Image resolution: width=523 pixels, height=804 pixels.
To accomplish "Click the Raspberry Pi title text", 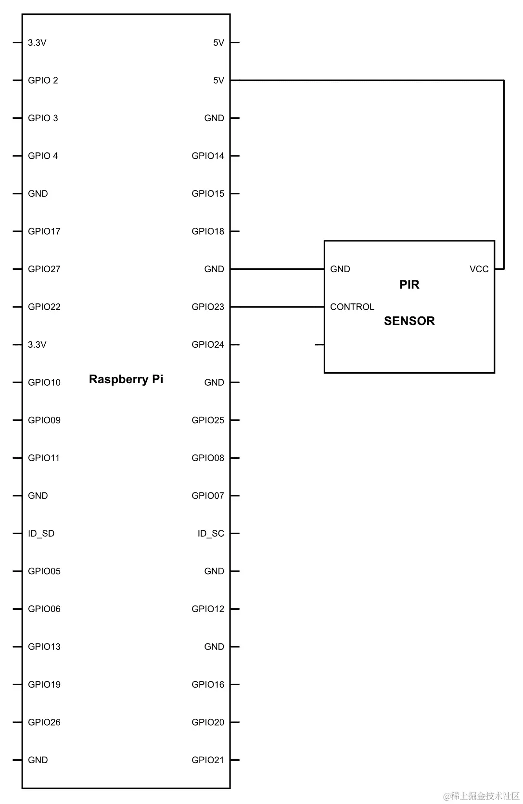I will click(126, 379).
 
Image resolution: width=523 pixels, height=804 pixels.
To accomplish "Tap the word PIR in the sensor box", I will click(409, 285).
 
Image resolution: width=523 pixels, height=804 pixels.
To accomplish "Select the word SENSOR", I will click(409, 321).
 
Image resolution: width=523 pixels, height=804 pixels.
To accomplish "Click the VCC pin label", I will click(479, 269).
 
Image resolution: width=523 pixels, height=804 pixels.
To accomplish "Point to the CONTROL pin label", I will click(352, 307).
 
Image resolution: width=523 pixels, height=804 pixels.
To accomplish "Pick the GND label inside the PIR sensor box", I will click(340, 269).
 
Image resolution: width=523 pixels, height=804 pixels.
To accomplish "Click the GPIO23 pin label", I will click(208, 307).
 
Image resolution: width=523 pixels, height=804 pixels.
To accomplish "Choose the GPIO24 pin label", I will click(208, 345).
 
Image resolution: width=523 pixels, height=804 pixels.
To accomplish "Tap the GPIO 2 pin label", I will click(43, 80).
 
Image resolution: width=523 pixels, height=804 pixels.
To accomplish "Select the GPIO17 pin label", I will click(44, 231).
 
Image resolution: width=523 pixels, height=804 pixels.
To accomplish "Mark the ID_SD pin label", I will click(41, 534).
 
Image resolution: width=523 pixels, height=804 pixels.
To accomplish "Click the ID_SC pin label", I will click(211, 534).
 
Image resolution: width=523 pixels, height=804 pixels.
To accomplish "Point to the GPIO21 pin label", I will click(208, 760).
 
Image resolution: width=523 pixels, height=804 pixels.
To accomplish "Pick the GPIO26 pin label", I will click(44, 722).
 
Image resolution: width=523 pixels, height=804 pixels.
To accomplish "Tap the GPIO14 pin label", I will click(208, 156).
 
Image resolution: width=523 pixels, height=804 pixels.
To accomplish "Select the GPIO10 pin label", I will click(44, 383).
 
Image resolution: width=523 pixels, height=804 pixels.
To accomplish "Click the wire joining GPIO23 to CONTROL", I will click(277, 307).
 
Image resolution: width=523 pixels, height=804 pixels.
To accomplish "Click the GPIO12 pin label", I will click(208, 609).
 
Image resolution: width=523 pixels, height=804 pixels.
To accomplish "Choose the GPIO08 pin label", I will click(208, 458).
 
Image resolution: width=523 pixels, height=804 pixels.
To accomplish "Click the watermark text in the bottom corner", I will click(481, 796).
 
